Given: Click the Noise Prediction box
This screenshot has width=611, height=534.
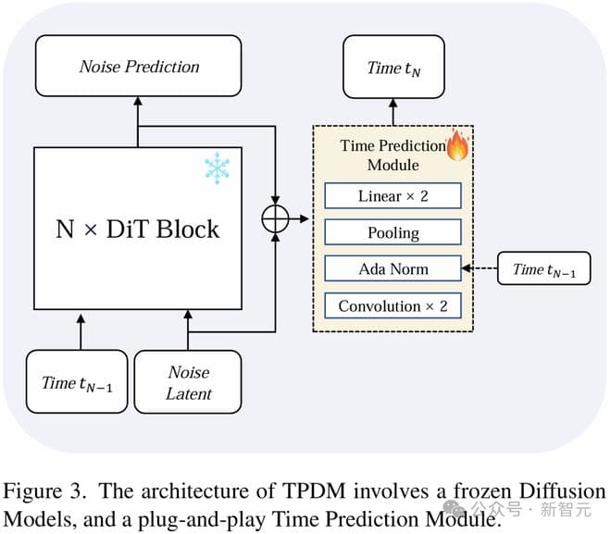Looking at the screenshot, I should click(x=139, y=67).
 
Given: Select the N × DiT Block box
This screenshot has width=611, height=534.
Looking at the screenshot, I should click(x=139, y=228).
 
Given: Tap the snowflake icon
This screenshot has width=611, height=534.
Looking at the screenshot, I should click(x=217, y=168).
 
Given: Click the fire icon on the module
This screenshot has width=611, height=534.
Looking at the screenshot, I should click(x=457, y=146).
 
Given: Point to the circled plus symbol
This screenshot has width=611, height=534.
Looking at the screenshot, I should click(x=276, y=218).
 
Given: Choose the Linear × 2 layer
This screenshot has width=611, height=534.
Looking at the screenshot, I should click(x=393, y=196).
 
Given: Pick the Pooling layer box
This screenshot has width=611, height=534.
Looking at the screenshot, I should click(x=393, y=232).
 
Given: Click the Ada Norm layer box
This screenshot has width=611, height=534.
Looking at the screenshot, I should click(x=393, y=269).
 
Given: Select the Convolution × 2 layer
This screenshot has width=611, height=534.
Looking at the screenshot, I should click(x=393, y=306).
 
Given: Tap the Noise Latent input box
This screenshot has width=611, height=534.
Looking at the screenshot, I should click(x=188, y=382).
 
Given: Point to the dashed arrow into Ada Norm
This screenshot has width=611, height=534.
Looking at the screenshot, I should click(x=478, y=269).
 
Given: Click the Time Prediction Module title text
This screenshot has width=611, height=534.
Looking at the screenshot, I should click(x=393, y=155).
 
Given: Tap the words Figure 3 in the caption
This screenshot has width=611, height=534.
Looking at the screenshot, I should click(x=40, y=491).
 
